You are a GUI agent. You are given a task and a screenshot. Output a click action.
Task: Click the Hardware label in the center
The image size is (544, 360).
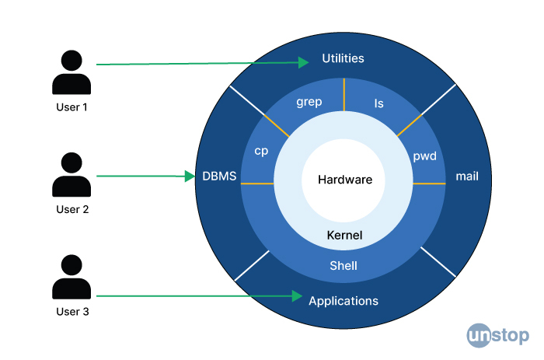click(345, 180)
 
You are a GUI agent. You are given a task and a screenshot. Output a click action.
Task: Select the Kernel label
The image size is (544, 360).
click(344, 235)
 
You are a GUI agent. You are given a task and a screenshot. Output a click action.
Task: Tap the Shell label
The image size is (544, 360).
click(343, 266)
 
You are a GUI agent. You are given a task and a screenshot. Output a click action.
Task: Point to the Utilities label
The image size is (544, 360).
click(343, 58)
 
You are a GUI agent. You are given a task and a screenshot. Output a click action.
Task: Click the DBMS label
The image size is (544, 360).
click(219, 176)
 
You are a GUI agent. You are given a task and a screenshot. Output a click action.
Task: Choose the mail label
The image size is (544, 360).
click(467, 176)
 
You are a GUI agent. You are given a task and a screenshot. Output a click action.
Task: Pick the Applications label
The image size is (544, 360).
click(343, 301)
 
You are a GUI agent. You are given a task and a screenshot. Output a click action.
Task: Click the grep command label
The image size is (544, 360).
click(309, 102)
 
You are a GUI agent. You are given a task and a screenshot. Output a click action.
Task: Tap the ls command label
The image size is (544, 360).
click(379, 103)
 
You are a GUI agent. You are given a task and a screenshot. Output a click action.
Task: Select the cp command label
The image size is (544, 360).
click(261, 151)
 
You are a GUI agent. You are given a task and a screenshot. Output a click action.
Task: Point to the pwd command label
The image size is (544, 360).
click(424, 156)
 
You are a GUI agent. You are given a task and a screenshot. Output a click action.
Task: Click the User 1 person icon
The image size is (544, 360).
click(71, 72)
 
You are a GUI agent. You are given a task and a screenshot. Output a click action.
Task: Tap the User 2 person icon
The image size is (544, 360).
click(71, 174)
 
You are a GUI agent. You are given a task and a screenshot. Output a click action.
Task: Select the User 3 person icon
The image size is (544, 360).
click(71, 277)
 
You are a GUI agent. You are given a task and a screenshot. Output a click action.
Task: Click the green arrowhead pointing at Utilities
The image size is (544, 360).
click(303, 62)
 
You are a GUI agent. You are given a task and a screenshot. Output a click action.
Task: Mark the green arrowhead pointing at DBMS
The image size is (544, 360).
click(190, 176)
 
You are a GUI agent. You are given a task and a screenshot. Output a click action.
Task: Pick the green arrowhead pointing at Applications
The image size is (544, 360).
click(297, 296)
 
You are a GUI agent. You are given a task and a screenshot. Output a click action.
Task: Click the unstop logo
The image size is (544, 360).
click(498, 335)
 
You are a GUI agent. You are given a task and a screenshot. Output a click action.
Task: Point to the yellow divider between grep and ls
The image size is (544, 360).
click(344, 95)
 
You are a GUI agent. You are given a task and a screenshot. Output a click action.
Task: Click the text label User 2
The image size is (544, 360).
click(72, 209)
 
